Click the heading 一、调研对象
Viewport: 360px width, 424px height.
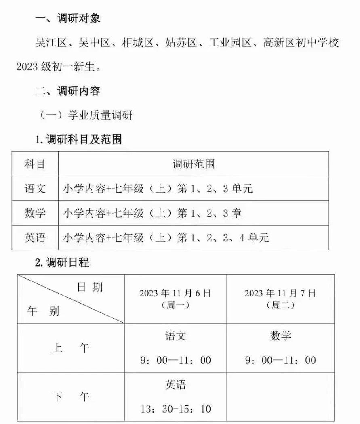click(x=67, y=19)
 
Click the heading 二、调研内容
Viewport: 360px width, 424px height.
click(x=67, y=91)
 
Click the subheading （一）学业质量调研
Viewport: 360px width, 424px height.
click(x=86, y=116)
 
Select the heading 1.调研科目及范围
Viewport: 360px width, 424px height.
click(x=78, y=140)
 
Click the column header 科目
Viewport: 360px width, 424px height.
click(x=35, y=164)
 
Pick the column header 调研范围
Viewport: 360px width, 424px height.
click(x=194, y=164)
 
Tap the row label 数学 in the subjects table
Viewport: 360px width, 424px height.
click(x=35, y=213)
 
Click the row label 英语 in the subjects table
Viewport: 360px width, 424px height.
click(x=35, y=237)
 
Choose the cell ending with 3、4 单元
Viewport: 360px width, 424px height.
click(x=166, y=237)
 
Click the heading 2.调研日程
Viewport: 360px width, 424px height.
click(x=62, y=263)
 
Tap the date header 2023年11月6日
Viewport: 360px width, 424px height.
click(x=175, y=294)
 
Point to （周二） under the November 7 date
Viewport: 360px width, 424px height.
click(x=280, y=306)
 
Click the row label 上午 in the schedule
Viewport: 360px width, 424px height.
click(x=71, y=348)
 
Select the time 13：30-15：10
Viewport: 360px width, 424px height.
click(x=175, y=409)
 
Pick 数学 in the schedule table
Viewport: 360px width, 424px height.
click(x=280, y=336)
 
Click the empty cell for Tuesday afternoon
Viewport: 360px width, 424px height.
click(x=280, y=397)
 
